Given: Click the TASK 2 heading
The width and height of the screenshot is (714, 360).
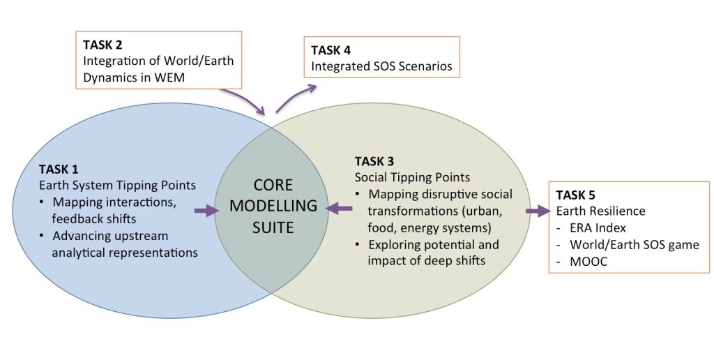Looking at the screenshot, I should point(103,45).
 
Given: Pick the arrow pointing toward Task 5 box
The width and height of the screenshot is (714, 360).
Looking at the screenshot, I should point(537,211).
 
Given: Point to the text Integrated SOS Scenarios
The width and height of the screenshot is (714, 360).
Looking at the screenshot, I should point(381,67).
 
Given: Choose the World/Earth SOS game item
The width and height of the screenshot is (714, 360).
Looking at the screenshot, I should point(634,244).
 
